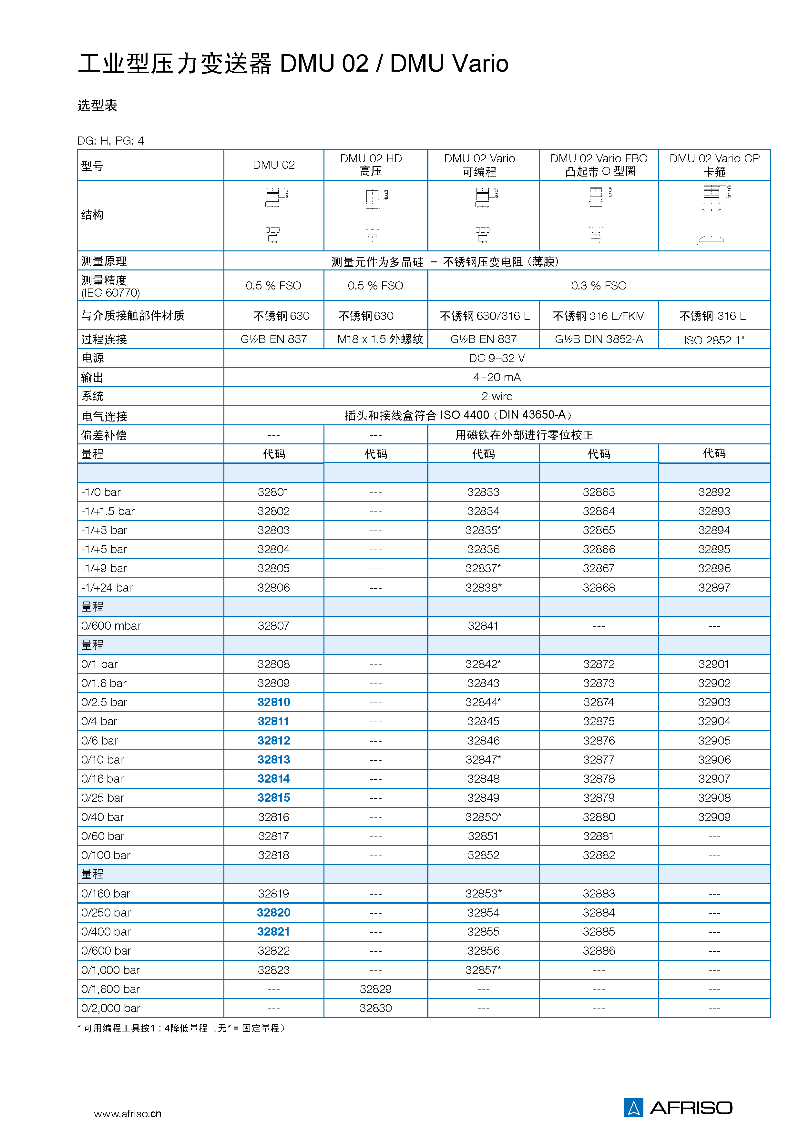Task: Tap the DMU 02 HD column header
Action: pos(371,165)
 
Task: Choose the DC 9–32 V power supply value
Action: pos(497,358)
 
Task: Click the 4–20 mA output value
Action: pos(497,377)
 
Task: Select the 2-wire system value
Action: pos(497,396)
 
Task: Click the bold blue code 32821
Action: pos(273,931)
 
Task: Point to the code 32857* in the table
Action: pos(483,970)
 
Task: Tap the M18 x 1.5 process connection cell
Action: pos(380,339)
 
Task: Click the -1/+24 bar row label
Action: pos(107,588)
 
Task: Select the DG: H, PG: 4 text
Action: pos(111,141)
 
